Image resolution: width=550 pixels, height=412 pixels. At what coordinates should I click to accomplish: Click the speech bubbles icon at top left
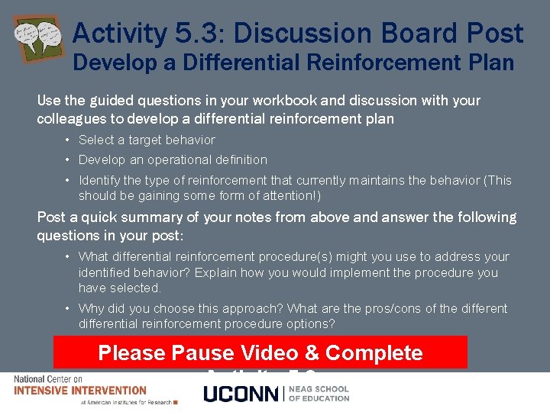[x=38, y=40]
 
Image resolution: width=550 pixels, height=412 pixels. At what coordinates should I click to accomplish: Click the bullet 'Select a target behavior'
[x=147, y=140]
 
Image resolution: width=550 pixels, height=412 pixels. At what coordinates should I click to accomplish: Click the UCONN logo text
[x=241, y=394]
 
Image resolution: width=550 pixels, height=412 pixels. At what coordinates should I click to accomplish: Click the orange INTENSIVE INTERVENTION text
[x=80, y=390]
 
